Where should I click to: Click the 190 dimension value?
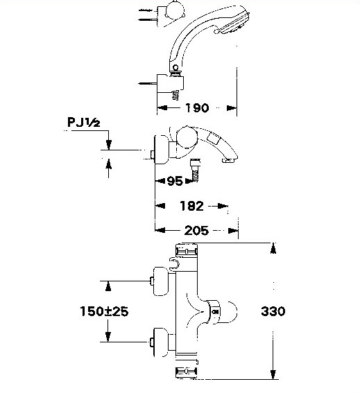[x=197, y=108]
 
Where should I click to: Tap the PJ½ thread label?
[x=84, y=123]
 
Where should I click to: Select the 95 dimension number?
[x=175, y=181]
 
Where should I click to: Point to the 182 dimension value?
[x=191, y=206]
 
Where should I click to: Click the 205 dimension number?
[x=196, y=230]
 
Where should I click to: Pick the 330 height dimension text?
[x=273, y=311]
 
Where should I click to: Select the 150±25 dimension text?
[x=104, y=311]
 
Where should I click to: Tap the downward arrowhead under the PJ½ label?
[x=108, y=145]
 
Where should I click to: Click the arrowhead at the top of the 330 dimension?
[x=273, y=248]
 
